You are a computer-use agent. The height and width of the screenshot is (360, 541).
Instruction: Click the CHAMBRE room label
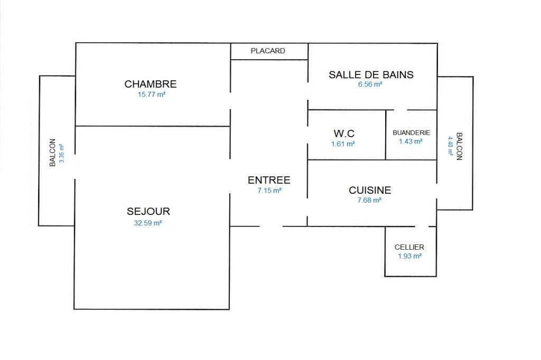pyautogui.click(x=151, y=84)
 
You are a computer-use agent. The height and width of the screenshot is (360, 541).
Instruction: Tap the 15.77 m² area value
pyautogui.click(x=152, y=94)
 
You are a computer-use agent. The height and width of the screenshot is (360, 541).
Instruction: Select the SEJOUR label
pyautogui.click(x=148, y=211)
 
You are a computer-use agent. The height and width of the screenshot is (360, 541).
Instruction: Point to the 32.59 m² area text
pyautogui.click(x=148, y=223)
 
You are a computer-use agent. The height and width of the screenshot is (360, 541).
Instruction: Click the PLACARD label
pyautogui.click(x=268, y=51)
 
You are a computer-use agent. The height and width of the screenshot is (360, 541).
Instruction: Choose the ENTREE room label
pyautogui.click(x=269, y=180)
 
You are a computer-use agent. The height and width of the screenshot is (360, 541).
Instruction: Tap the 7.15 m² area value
pyautogui.click(x=269, y=191)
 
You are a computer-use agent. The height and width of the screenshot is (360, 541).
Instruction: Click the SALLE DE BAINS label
pyautogui.click(x=371, y=75)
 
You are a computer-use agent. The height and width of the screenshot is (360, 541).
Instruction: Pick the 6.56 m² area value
pyautogui.click(x=370, y=84)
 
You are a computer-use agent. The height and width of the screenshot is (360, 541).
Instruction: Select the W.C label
pyautogui.click(x=344, y=134)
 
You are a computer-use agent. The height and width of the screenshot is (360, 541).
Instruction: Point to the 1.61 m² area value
pyautogui.click(x=343, y=144)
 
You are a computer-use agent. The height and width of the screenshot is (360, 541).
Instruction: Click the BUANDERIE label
pyautogui.click(x=411, y=133)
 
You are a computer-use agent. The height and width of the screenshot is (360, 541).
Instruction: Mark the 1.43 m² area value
pyautogui.click(x=411, y=141)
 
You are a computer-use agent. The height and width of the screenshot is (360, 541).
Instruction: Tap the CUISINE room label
pyautogui.click(x=370, y=191)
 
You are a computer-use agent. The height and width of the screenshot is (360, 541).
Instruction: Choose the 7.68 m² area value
pyautogui.click(x=369, y=201)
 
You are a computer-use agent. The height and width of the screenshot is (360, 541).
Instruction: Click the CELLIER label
pyautogui.click(x=409, y=247)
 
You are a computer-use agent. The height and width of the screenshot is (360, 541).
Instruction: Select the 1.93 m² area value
pyautogui.click(x=409, y=256)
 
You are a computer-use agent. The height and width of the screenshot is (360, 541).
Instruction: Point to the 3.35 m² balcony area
pyautogui.click(x=61, y=154)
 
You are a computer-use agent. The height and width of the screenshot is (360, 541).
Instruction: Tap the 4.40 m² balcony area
pyautogui.click(x=450, y=146)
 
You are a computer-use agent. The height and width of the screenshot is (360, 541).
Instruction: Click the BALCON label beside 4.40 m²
pyautogui.click(x=459, y=146)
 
